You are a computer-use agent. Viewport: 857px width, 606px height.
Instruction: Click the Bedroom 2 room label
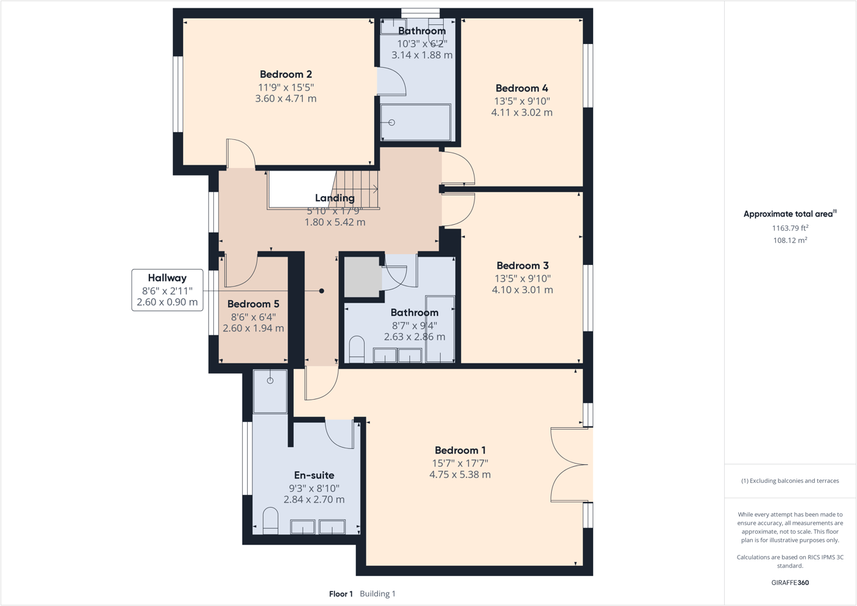tap(285, 75)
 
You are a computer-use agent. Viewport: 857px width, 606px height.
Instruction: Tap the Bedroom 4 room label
tap(522, 88)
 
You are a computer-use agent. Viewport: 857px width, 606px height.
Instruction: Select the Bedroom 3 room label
tap(522, 266)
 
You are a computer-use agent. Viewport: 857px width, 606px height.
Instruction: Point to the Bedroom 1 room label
tap(460, 450)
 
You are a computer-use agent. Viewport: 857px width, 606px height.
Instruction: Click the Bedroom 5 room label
tap(253, 304)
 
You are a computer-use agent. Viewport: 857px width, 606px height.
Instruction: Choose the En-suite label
tap(314, 475)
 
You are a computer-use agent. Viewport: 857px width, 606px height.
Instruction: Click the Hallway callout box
tap(167, 290)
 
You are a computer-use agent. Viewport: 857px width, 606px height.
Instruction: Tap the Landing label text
tap(335, 198)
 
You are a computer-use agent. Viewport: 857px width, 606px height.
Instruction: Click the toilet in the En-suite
tap(271, 520)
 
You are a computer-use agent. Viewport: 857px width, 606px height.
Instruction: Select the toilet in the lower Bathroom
tap(356, 349)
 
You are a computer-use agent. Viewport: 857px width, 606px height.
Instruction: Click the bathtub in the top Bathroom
tap(416, 122)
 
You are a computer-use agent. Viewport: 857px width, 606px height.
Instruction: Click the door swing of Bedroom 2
tap(241, 154)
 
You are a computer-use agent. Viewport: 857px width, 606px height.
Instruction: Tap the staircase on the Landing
tap(357, 189)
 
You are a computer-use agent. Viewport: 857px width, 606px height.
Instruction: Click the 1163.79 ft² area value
tap(790, 228)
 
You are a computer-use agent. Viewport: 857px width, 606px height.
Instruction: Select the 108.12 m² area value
tap(790, 240)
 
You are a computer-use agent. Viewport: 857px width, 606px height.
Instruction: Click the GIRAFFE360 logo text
tap(790, 582)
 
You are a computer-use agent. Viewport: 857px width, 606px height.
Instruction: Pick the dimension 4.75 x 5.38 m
tap(460, 474)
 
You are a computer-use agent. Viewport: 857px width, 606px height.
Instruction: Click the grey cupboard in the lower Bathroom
tap(362, 276)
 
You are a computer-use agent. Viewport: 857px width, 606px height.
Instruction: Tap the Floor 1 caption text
tap(341, 594)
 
